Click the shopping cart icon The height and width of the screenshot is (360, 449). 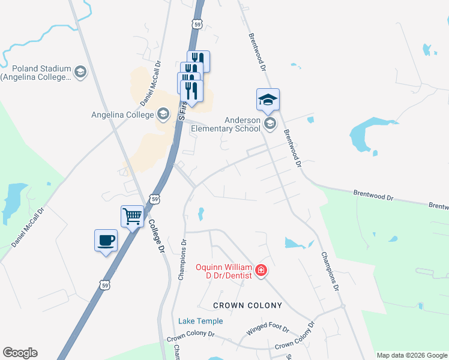click(132, 215)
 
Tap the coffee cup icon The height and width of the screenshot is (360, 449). click(106, 241)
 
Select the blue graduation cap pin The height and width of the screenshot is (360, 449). click(268, 100)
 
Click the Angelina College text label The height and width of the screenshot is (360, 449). click(122, 114)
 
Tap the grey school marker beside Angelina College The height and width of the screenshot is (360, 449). click(162, 114)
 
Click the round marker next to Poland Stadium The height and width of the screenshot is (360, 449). click(80, 73)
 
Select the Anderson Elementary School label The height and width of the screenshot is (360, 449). click(233, 124)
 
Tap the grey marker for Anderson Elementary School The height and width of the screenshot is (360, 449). click(270, 124)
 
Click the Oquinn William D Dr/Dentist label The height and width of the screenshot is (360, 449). click(224, 270)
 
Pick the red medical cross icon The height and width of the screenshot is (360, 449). click(261, 271)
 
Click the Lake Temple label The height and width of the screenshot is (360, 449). click(200, 321)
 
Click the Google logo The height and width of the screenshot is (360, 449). click(20, 353)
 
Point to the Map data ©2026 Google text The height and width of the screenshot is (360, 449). click(412, 355)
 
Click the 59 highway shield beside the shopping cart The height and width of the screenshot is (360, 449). click(154, 198)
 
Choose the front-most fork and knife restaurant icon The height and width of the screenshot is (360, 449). click(191, 90)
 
